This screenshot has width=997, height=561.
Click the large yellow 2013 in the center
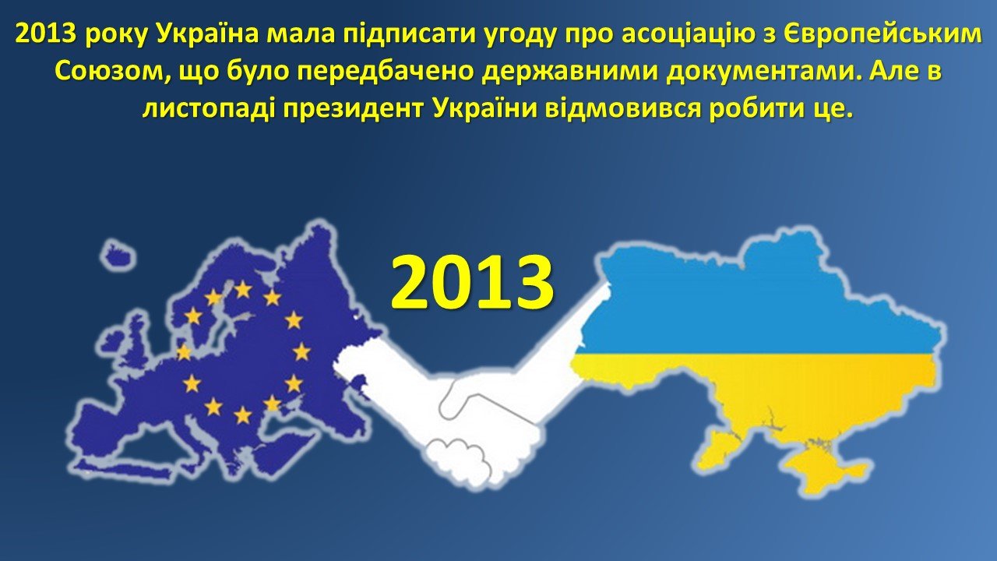click(472, 282)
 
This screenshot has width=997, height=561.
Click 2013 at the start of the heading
click(46, 34)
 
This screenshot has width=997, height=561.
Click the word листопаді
click(207, 110)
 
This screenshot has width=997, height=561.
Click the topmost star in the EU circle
click(243, 290)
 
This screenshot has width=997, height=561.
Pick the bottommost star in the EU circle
click(243, 415)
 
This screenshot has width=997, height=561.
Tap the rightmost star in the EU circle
click(301, 351)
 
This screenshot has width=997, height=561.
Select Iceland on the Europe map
click(118, 255)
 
